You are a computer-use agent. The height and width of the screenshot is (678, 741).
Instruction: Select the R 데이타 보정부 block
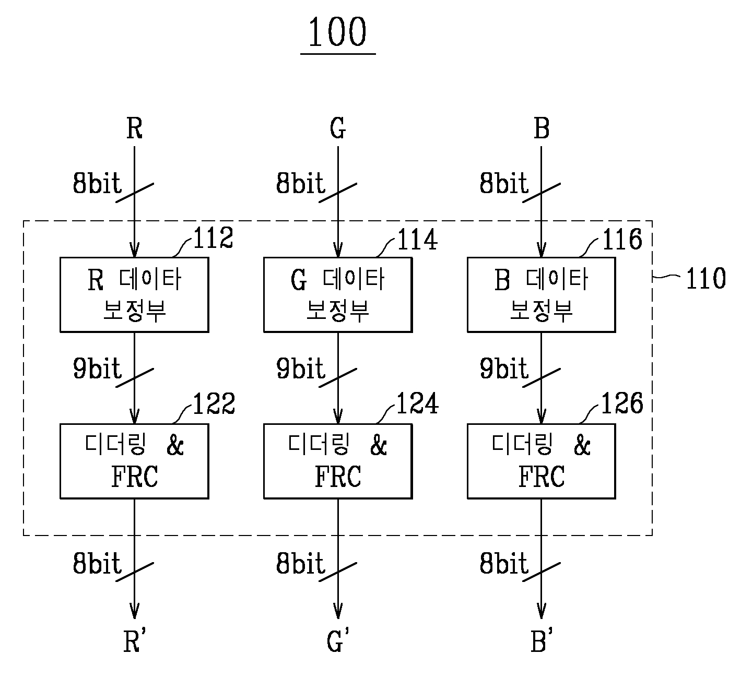click(134, 294)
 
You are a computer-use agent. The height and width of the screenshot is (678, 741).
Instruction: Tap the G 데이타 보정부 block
click(338, 294)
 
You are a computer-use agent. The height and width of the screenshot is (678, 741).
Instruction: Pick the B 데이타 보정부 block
click(541, 294)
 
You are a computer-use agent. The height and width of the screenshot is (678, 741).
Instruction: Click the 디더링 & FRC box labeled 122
click(134, 461)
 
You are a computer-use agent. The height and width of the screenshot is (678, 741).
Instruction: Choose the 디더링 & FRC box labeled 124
click(338, 461)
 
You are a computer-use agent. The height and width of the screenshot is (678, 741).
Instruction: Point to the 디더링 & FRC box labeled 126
click(541, 461)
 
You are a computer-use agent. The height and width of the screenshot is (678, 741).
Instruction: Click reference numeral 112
click(213, 240)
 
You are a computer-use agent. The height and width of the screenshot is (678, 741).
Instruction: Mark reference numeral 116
click(621, 240)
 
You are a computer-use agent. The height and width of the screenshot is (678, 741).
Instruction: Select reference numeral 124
click(417, 404)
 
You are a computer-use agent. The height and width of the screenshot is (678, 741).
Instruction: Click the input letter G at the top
click(338, 128)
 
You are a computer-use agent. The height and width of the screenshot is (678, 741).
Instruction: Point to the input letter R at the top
click(134, 128)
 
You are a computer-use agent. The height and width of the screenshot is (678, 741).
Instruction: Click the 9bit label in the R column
click(97, 369)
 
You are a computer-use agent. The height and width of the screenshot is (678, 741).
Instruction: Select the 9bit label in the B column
click(504, 369)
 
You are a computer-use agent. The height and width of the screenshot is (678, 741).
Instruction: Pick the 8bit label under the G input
click(300, 184)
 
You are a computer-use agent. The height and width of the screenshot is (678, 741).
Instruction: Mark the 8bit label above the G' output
click(300, 564)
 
